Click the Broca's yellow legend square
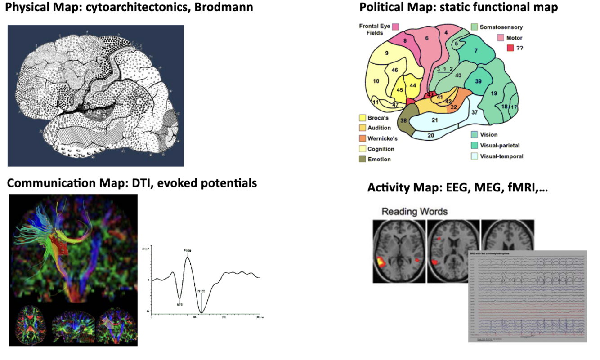point(362,118)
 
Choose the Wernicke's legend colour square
point(362,138)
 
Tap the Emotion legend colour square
point(362,159)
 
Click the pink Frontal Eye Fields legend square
point(396,27)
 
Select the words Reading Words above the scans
point(414,211)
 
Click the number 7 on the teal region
point(475,51)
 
